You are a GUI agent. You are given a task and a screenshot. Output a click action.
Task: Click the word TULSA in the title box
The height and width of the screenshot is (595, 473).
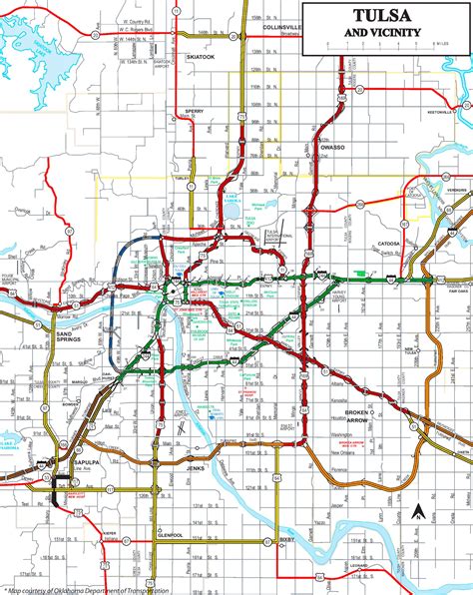(x=382, y=17)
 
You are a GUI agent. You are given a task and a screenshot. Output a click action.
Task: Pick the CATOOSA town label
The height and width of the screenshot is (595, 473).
(x=387, y=243)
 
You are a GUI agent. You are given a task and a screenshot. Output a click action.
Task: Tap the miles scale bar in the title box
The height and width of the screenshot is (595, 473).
(x=382, y=47)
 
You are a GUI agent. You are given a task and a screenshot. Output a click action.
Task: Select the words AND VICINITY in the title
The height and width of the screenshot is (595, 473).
(x=382, y=32)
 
